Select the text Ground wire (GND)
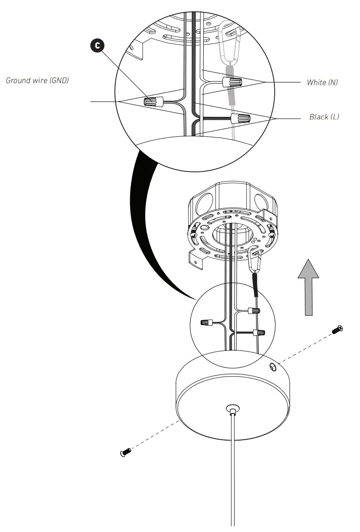coord(37,80)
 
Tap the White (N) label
coord(322,83)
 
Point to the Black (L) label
coord(324,117)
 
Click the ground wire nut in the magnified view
coord(154,101)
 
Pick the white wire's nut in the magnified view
coord(233,82)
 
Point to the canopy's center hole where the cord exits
coord(232,407)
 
